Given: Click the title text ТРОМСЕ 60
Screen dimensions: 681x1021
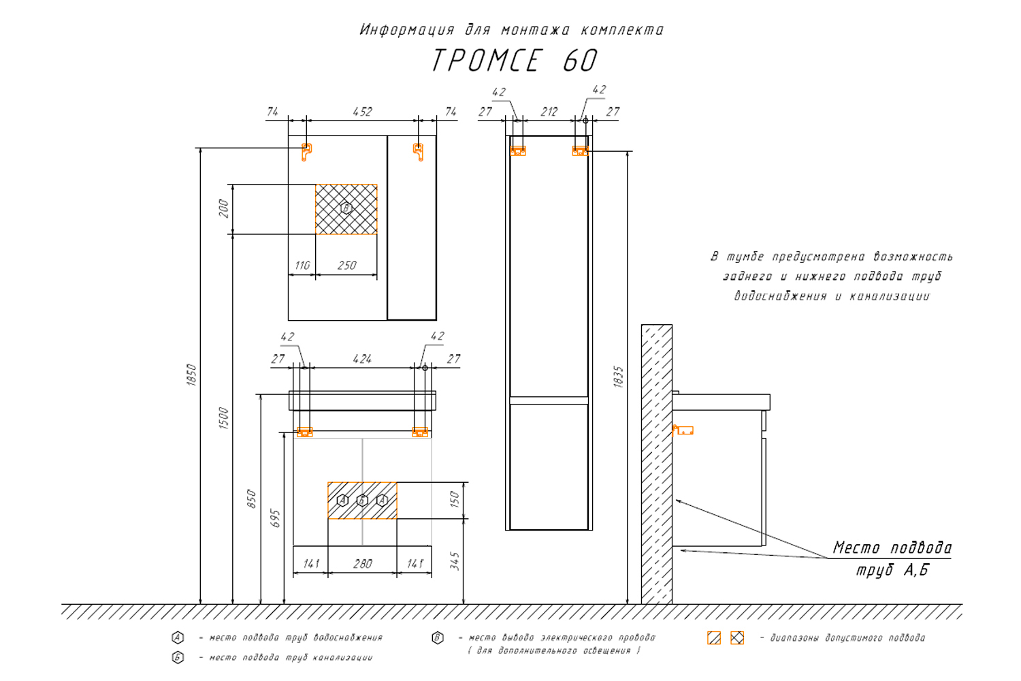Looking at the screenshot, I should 514,61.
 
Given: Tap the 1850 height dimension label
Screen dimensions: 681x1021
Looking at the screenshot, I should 191,375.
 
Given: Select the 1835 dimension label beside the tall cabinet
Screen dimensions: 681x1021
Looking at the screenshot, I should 618,377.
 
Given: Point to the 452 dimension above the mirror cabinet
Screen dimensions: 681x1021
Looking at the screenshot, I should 362,112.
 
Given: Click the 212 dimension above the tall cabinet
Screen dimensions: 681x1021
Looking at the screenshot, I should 549,112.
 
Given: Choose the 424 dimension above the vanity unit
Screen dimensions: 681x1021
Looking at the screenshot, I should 362,359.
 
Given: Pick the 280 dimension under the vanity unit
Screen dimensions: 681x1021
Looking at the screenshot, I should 362,564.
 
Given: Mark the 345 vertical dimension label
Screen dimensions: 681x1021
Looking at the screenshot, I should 455,561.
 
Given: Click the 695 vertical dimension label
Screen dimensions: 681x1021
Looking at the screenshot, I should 275,518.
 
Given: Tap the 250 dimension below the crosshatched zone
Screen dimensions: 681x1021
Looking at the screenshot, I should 346,266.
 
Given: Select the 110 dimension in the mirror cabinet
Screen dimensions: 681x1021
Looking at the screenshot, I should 302,266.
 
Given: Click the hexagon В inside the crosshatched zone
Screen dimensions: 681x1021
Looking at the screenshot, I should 346,208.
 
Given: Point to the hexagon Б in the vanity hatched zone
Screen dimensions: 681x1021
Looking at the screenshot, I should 362,501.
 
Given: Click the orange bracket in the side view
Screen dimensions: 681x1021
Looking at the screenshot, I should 683,430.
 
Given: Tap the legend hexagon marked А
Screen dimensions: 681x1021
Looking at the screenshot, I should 178,638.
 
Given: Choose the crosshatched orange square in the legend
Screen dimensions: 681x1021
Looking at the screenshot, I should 737,638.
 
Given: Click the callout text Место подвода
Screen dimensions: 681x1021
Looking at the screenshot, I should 892,548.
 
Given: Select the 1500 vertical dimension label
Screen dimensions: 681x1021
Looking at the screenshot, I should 223,417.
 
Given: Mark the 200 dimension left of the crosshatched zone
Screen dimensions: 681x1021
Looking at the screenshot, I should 223,209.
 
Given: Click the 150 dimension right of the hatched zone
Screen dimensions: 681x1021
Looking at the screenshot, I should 455,499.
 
